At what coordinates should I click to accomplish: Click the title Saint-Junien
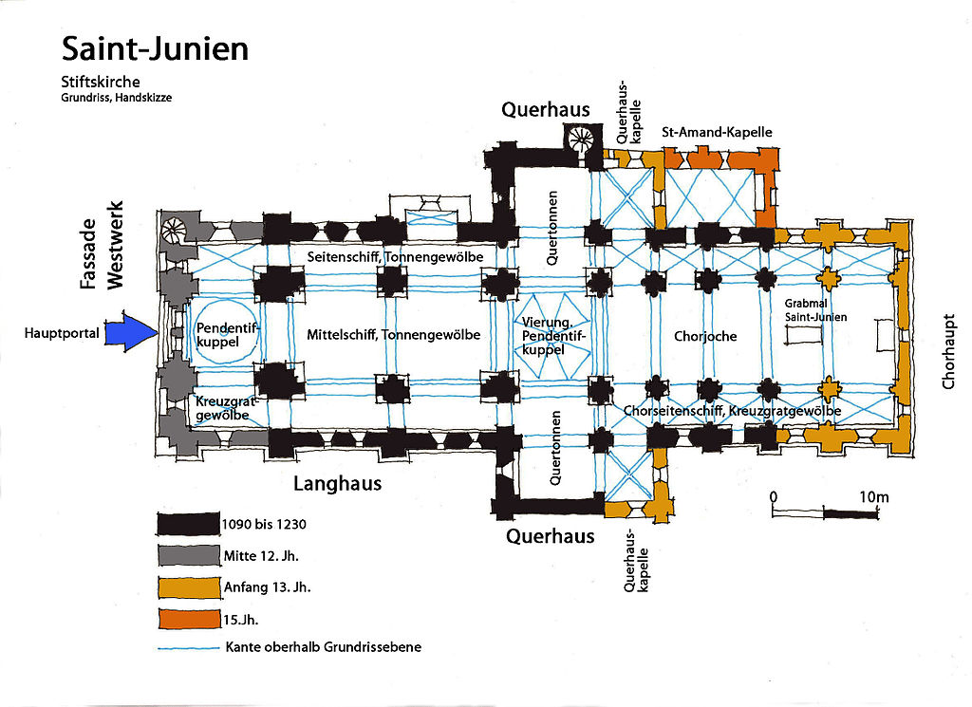pyautogui.click(x=155, y=49)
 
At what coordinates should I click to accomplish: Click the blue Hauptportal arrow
pyautogui.click(x=130, y=333)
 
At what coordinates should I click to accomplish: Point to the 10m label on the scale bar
pyautogui.click(x=874, y=496)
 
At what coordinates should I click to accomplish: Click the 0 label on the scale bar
pyautogui.click(x=774, y=496)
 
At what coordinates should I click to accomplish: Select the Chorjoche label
pyautogui.click(x=704, y=336)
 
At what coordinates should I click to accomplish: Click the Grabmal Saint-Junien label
pyautogui.click(x=816, y=310)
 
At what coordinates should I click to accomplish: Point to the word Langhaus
pyautogui.click(x=337, y=484)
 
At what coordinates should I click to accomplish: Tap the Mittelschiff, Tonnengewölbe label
pyautogui.click(x=393, y=335)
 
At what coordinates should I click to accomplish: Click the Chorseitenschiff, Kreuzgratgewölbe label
pyautogui.click(x=733, y=411)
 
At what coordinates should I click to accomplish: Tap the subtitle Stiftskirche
pyautogui.click(x=101, y=82)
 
